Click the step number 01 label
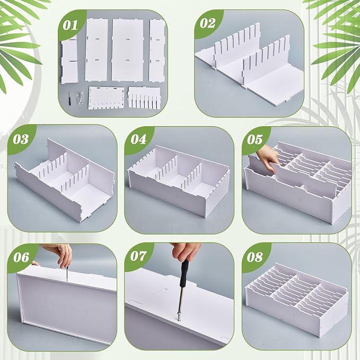click(71, 25)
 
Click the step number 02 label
click(207, 23)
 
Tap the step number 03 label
click(21, 139)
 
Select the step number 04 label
click(138, 139)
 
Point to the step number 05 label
click(255, 139)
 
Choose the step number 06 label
click(21, 257)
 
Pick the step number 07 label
click(138, 256)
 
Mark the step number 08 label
click(255, 257)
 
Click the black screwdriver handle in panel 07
click(184, 274)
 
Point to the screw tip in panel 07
click(179, 318)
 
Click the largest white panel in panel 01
click(127, 50)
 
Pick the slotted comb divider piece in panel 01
click(144, 98)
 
